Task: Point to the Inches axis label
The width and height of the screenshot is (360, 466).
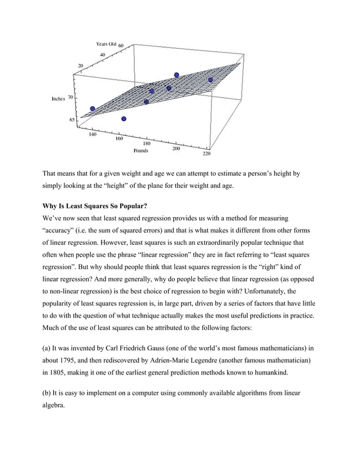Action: pos(59,98)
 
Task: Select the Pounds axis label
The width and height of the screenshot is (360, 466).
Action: pos(141,151)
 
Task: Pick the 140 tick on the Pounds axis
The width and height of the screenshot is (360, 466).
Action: pos(93,135)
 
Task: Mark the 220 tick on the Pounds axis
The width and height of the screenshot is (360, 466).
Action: pos(207,152)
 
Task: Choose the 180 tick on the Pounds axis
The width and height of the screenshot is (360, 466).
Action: pos(146,144)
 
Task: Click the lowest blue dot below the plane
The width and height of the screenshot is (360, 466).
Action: pos(124,118)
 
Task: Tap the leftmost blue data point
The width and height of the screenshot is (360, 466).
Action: pos(93,108)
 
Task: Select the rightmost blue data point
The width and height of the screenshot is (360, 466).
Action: pos(210,80)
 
